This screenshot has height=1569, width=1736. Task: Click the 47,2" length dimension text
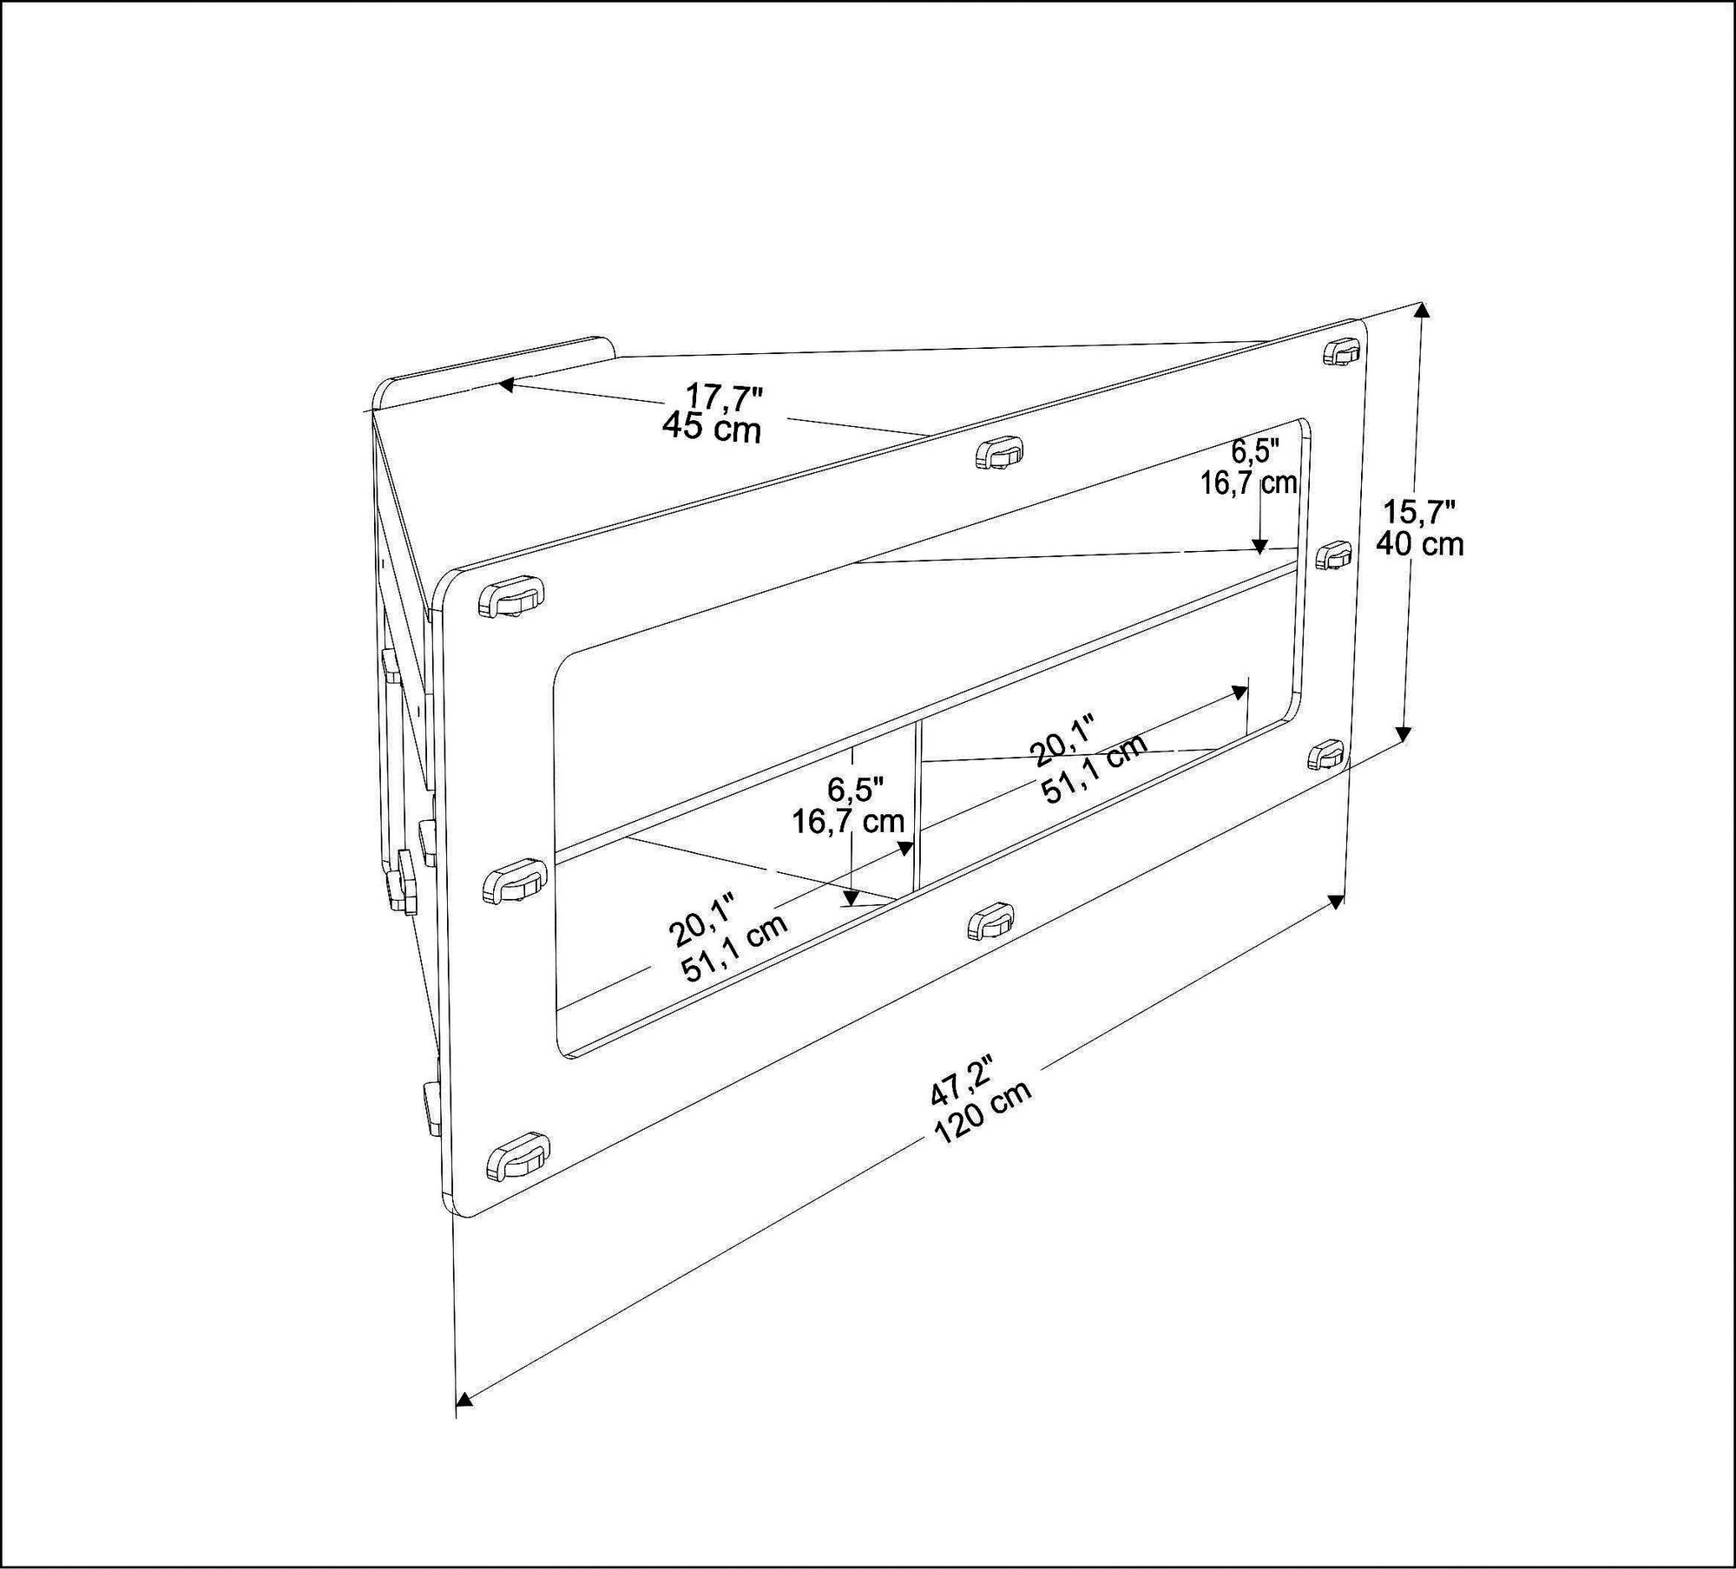click(x=961, y=1080)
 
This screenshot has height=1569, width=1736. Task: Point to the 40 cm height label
click(x=1419, y=544)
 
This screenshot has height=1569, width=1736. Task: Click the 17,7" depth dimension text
click(x=724, y=397)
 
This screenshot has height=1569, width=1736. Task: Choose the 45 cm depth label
click(x=711, y=427)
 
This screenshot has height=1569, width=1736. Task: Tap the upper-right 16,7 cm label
click(x=1248, y=483)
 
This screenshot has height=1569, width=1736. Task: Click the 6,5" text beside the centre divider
click(x=855, y=790)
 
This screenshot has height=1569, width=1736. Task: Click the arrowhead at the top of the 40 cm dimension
click(x=1421, y=312)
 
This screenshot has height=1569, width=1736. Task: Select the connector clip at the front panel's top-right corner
click(x=1343, y=352)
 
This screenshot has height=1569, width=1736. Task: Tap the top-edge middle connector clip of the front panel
click(x=998, y=453)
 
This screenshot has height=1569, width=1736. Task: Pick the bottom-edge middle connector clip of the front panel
click(x=990, y=921)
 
